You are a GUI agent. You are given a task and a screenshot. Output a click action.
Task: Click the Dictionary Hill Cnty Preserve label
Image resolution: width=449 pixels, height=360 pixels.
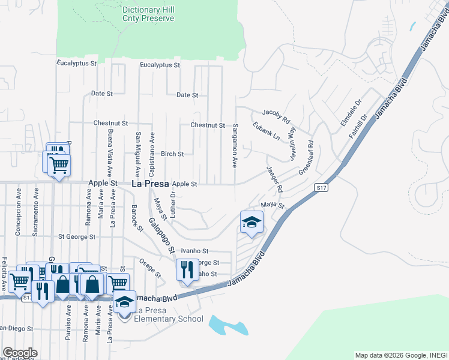click(148, 14)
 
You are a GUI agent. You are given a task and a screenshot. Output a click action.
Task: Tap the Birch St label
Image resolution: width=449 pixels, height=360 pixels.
click(172, 154)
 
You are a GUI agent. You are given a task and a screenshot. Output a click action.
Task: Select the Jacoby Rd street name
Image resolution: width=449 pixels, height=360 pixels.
click(276, 112)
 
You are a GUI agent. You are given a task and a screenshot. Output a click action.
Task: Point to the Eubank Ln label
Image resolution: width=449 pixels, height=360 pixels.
click(267, 132)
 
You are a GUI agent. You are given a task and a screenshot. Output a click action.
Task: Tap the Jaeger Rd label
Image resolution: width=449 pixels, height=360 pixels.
click(274, 179)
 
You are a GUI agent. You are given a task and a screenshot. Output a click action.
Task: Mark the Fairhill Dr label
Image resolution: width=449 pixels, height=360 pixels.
click(358, 127)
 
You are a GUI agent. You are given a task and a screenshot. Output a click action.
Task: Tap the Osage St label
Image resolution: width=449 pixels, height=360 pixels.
click(151, 268)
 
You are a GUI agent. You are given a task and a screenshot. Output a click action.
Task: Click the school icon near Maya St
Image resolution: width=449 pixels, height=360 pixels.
click(252, 223)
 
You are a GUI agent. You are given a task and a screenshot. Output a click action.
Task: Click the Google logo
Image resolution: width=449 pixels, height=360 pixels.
click(20, 353)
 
